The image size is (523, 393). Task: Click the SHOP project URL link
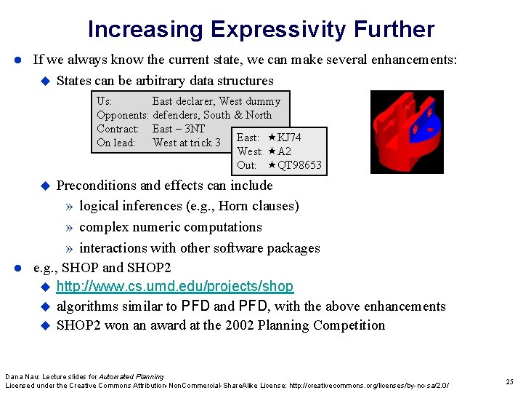[x=174, y=287]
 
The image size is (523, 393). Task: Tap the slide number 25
[x=509, y=381]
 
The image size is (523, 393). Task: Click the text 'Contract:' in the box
[x=118, y=129]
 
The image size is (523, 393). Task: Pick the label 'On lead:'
[x=116, y=143]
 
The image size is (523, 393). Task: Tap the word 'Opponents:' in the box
[x=123, y=115]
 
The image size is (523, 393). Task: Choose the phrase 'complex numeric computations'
[x=170, y=227]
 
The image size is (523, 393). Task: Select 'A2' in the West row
[x=284, y=151]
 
